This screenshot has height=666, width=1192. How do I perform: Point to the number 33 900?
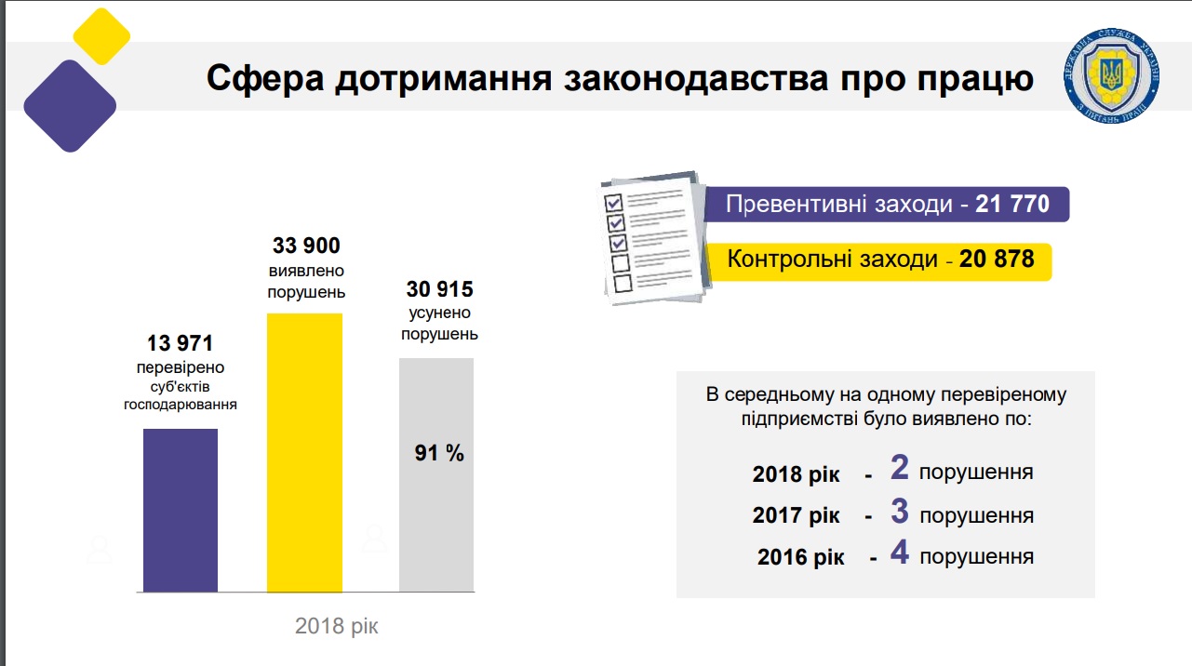tap(306, 246)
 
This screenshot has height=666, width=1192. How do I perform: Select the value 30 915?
tap(439, 290)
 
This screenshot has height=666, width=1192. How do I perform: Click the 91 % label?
tap(439, 453)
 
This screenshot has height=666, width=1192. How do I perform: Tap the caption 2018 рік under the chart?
tap(337, 625)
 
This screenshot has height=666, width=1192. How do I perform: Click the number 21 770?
tap(1012, 204)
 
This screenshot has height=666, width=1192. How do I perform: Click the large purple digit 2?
tap(899, 468)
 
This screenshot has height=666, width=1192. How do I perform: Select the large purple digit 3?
tap(899, 511)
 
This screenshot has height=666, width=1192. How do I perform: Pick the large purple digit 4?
tap(899, 553)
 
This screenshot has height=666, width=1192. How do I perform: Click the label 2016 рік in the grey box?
tap(800, 558)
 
